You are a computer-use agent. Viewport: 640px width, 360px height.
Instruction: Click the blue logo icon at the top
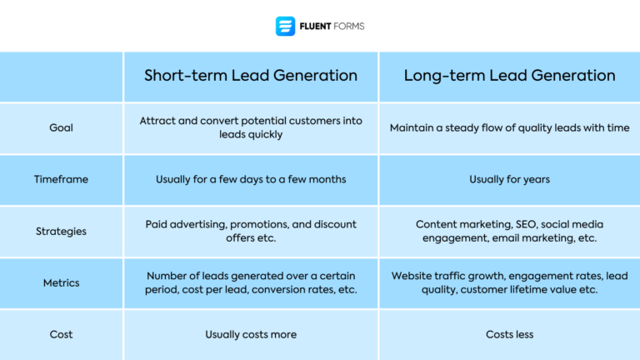[285, 27]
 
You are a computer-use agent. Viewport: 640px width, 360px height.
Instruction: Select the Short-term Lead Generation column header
[251, 76]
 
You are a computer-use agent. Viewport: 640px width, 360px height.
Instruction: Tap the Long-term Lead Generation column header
[509, 76]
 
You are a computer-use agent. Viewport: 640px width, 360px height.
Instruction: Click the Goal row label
[61, 127]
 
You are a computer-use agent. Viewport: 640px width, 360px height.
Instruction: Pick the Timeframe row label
[61, 179]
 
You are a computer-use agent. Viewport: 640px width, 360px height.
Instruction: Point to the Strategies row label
[61, 231]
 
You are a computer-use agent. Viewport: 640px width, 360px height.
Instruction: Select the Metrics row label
[61, 282]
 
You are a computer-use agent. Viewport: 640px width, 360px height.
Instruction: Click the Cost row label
[61, 334]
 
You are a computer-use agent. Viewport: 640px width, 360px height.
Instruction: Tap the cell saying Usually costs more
[251, 334]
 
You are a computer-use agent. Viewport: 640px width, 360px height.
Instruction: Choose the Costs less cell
[509, 334]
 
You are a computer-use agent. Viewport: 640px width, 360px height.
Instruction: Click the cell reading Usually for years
[509, 179]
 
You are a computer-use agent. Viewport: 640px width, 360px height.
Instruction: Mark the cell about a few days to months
[251, 179]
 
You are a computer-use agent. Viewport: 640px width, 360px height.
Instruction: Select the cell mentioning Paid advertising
[251, 231]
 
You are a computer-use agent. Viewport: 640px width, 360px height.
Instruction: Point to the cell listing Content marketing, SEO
[509, 231]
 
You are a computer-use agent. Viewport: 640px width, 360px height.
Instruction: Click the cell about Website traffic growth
[509, 282]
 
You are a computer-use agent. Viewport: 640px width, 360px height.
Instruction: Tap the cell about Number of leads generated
[251, 282]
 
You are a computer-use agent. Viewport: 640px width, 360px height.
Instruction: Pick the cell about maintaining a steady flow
[509, 127]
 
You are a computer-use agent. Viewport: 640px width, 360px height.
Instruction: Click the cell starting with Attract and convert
[251, 127]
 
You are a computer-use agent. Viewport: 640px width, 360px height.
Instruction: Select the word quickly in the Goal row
[266, 134]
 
